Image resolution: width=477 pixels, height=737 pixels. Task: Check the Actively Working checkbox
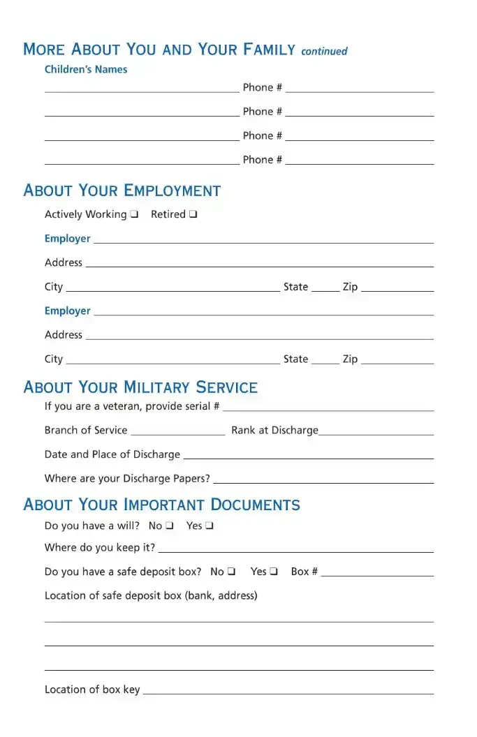(x=134, y=215)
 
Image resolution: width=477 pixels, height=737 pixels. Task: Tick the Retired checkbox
(x=193, y=215)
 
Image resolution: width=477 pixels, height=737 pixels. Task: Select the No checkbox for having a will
(x=169, y=526)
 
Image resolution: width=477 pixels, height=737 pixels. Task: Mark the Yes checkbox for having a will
(x=209, y=526)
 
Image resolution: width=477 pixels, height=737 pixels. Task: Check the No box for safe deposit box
(x=231, y=572)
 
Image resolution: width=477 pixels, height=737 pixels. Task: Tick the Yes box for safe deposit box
(x=274, y=572)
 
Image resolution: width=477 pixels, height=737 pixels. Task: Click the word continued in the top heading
(x=324, y=52)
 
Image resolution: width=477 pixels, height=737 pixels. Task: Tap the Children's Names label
(x=86, y=70)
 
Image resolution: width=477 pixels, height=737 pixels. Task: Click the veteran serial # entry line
(x=328, y=408)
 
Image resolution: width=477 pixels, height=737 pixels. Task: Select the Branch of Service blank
(x=178, y=433)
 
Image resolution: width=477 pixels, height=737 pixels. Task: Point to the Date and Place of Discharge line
(x=307, y=456)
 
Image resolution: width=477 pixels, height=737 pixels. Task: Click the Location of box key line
(x=288, y=692)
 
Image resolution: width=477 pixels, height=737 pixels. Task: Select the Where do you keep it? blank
(x=295, y=550)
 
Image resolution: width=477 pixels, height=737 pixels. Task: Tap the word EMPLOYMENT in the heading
(x=172, y=191)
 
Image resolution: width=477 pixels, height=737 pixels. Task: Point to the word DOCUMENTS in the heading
(x=255, y=505)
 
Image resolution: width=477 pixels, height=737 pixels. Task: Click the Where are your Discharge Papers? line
(x=323, y=481)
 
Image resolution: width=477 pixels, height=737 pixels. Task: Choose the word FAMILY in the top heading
(x=269, y=50)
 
